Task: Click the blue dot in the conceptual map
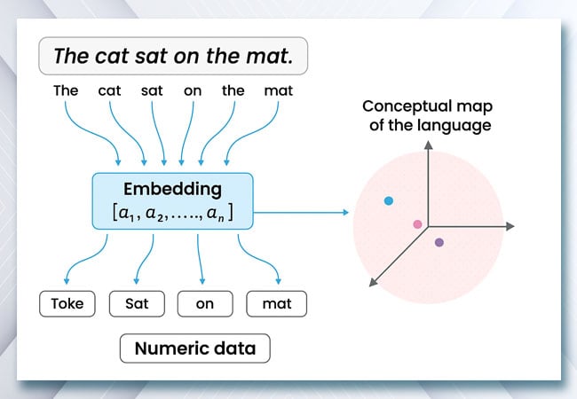(x=389, y=200)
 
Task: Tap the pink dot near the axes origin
(x=417, y=224)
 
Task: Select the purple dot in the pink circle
(x=439, y=242)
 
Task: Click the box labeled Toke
(x=67, y=304)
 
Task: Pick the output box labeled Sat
(x=137, y=304)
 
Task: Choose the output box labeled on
(x=205, y=304)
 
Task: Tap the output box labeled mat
(x=276, y=304)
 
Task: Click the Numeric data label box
(x=195, y=348)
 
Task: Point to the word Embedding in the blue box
(x=172, y=189)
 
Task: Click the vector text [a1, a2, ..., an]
(x=172, y=213)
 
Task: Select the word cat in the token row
(x=109, y=90)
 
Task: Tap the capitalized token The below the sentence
(x=66, y=90)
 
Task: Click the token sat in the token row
(x=152, y=90)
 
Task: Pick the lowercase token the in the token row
(x=233, y=90)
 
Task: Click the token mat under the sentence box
(x=278, y=90)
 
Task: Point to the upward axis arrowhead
(x=428, y=145)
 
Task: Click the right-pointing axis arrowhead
(x=510, y=226)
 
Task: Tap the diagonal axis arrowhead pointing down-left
(x=373, y=282)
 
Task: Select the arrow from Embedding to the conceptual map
(x=301, y=213)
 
